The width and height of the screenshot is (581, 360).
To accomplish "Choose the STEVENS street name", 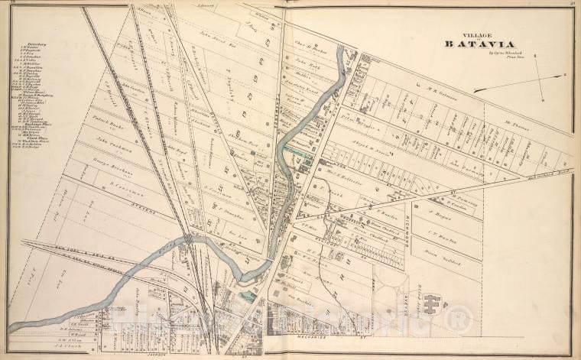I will click(141, 207).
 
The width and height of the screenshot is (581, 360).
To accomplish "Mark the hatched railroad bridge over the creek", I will click(187, 240).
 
